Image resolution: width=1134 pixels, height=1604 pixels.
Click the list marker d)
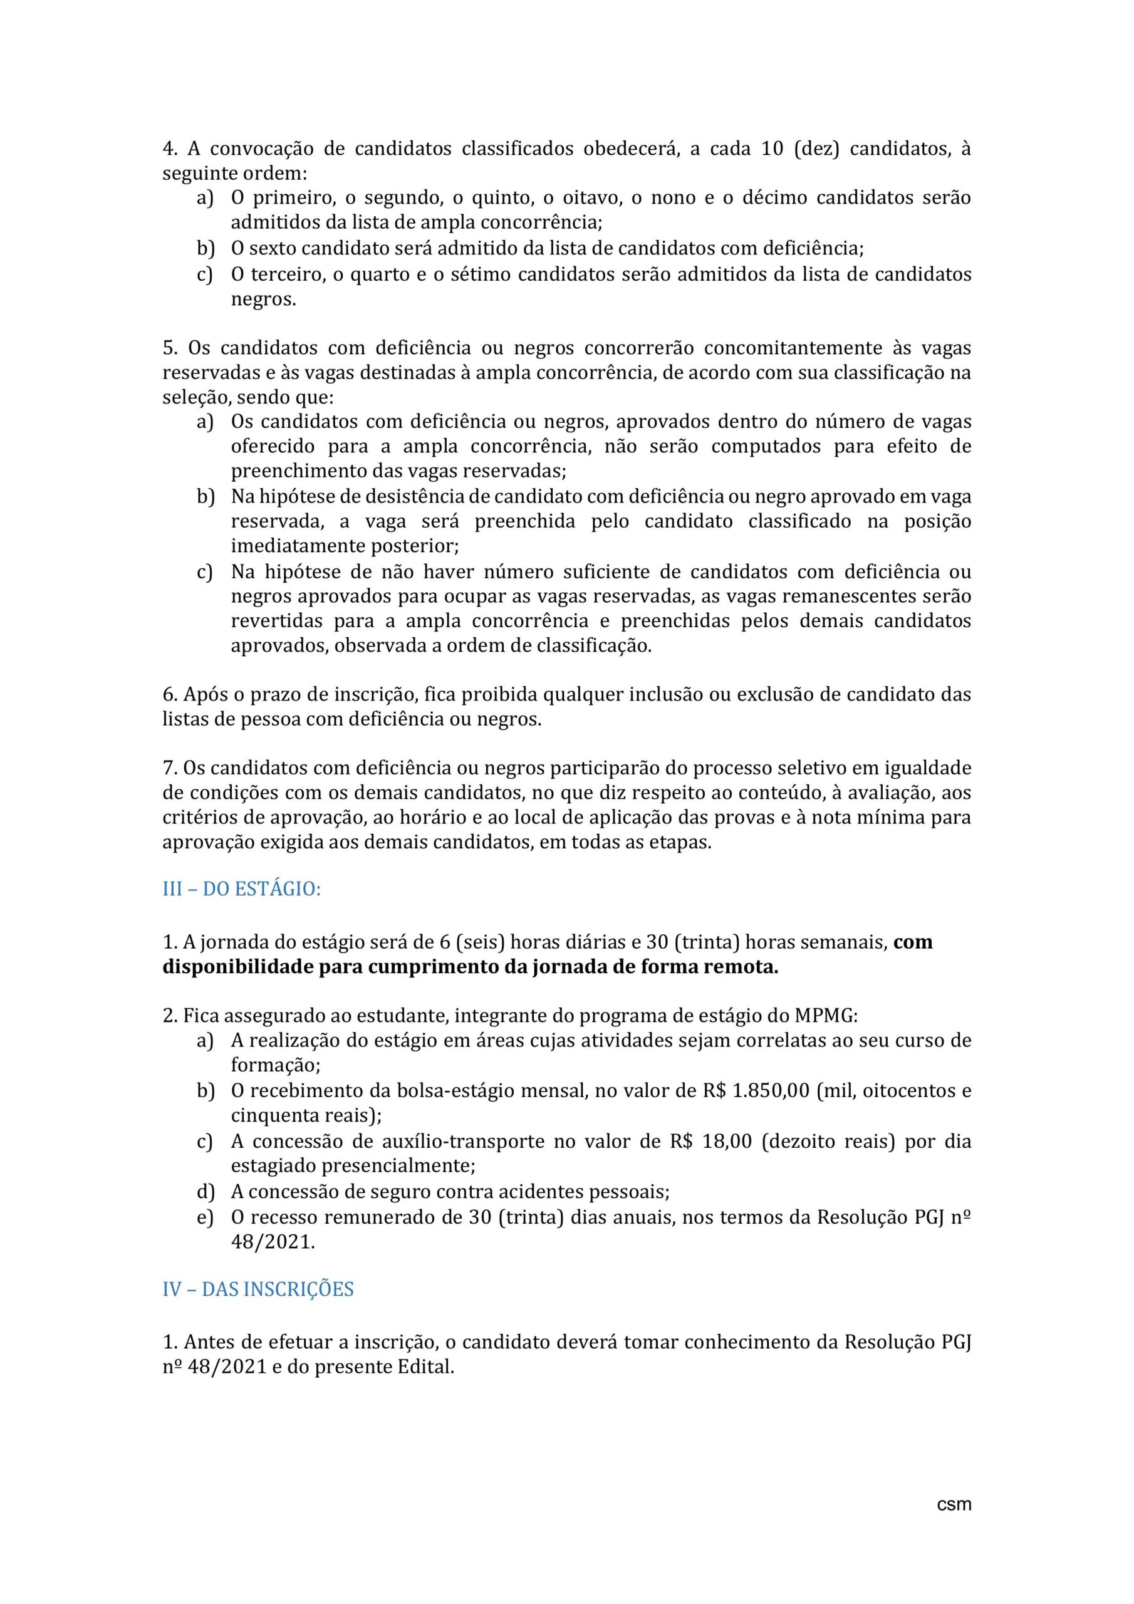(205, 1191)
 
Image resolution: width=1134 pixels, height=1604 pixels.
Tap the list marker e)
(205, 1217)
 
